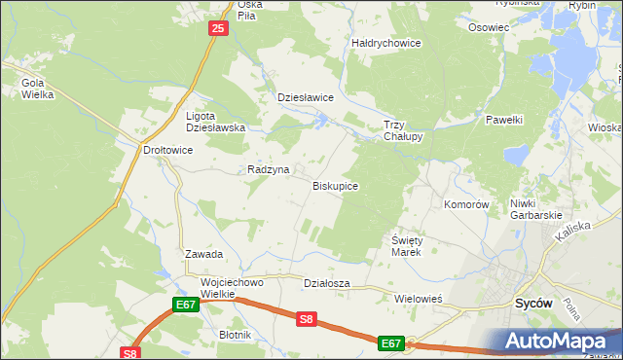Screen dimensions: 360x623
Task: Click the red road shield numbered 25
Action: (218, 30)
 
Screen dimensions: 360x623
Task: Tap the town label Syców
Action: (533, 303)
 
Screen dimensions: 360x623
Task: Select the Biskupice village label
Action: (335, 185)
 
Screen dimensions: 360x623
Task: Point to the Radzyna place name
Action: (269, 169)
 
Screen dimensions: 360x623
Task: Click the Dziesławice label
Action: (306, 97)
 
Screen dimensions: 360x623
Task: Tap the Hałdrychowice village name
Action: (385, 43)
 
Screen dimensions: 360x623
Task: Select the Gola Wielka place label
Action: (37, 89)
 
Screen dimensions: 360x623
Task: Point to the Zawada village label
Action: (204, 254)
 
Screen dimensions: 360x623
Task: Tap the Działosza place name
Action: (326, 283)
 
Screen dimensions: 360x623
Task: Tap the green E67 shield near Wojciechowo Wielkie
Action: (187, 305)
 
